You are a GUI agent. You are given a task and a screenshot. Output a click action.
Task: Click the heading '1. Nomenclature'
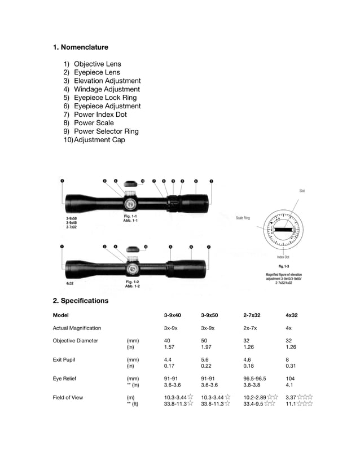pos(80,47)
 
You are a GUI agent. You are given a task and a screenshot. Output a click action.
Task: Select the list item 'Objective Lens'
pos(97,64)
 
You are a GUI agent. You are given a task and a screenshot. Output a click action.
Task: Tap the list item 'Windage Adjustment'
pos(107,89)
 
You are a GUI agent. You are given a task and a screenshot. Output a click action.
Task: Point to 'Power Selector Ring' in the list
pos(106,131)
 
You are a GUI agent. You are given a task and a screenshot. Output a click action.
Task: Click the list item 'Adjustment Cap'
pos(99,140)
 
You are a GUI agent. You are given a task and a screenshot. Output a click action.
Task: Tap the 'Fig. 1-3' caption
pos(284,266)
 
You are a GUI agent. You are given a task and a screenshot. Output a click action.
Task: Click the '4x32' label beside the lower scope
pos(70,283)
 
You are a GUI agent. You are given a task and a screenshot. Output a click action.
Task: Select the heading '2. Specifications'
pos(80,301)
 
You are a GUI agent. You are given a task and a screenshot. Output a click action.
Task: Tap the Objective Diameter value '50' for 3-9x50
pos(204,341)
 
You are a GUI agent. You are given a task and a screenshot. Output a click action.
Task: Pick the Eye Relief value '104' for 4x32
pos(291,379)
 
